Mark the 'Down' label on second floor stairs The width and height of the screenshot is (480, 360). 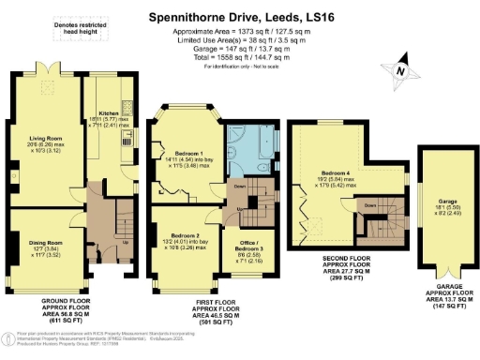[370, 203]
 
